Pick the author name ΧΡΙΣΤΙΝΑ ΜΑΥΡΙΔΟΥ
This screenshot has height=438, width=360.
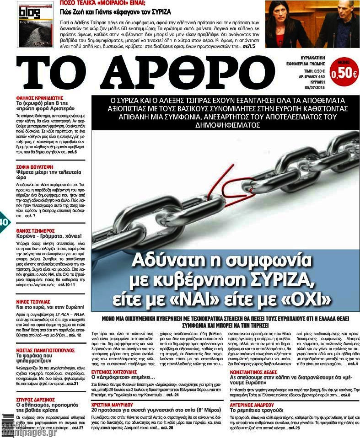(114, 405)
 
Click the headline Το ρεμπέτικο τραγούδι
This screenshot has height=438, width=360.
(258, 411)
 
